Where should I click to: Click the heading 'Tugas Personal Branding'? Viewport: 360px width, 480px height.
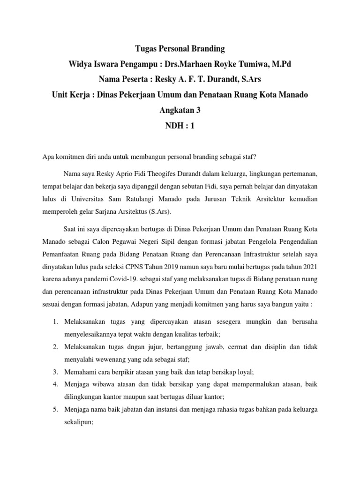[x=180, y=48]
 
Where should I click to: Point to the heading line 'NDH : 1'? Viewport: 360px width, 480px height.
[x=180, y=125]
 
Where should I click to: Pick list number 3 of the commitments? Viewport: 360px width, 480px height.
[x=54, y=372]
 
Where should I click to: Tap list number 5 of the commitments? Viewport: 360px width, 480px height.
[x=54, y=409]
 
